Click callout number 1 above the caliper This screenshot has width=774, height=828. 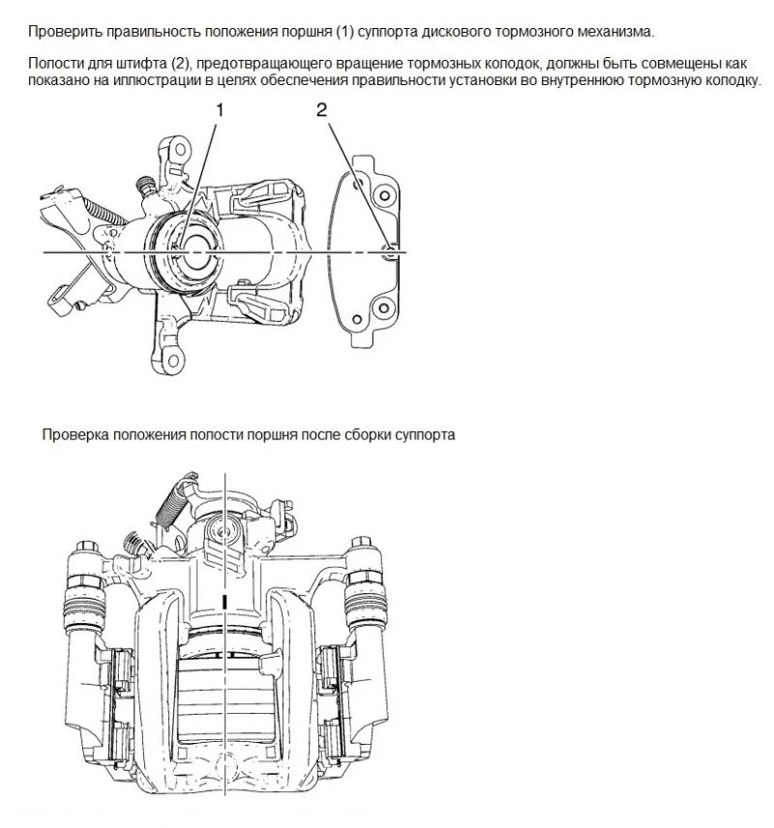(x=220, y=110)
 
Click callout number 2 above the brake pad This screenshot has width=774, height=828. (x=321, y=110)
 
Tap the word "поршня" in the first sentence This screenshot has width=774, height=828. (x=302, y=33)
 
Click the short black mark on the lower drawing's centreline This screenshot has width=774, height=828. (x=224, y=602)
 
